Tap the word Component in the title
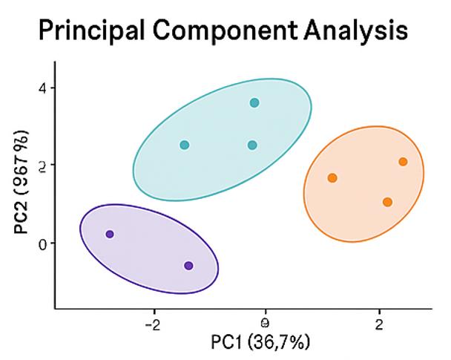(223, 30)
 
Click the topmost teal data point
(254, 103)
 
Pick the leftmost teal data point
(185, 145)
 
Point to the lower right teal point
(252, 145)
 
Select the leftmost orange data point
(332, 178)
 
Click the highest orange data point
(403, 162)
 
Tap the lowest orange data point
(387, 202)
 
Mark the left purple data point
(110, 234)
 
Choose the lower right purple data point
(188, 266)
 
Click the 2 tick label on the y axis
(42, 165)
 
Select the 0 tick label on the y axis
(42, 243)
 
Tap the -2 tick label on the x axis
(154, 324)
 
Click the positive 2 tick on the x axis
(379, 324)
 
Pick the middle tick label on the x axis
(265, 323)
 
